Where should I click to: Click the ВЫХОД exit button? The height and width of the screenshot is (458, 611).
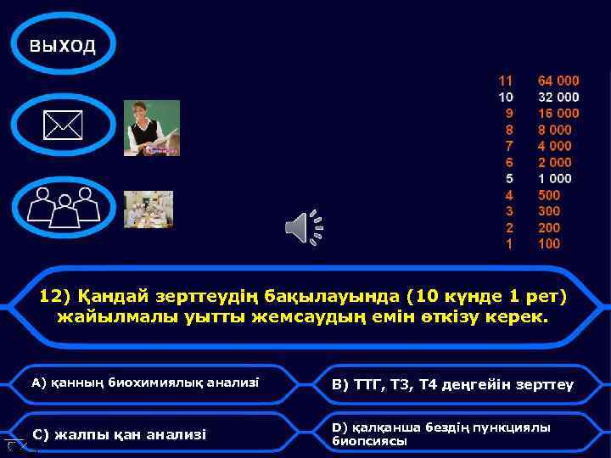(63, 46)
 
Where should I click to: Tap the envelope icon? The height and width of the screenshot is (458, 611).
(63, 127)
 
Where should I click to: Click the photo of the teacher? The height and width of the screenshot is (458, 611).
(151, 128)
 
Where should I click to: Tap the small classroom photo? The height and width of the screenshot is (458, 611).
(149, 209)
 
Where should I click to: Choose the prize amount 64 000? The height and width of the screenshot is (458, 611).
(558, 81)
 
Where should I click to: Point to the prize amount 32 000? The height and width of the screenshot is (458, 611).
(558, 98)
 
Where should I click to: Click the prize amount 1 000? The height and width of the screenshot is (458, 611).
(555, 179)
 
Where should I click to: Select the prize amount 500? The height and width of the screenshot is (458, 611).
(549, 195)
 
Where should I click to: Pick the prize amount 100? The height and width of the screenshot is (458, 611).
(549, 244)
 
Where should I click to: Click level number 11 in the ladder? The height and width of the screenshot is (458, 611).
(506, 81)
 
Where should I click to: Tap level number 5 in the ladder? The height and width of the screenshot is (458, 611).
(509, 179)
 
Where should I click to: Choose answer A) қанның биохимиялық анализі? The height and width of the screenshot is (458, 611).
(145, 383)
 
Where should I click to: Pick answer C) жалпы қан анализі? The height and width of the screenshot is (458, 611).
(119, 434)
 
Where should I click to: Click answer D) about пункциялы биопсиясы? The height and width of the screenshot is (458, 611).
(440, 433)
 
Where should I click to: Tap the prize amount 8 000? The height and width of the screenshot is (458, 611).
(555, 130)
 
